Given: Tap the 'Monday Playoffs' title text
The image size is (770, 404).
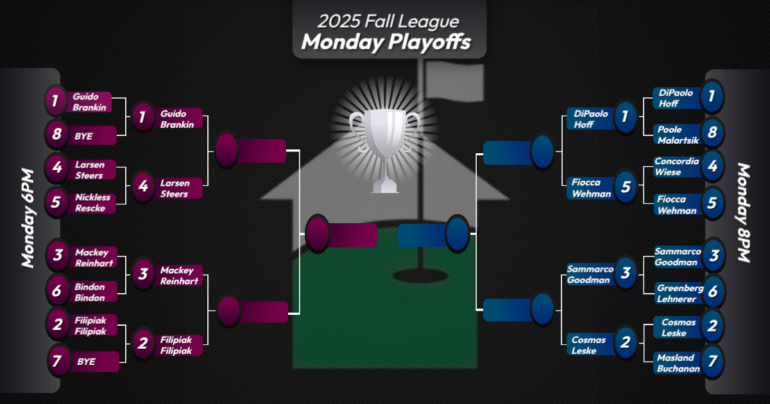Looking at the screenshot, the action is click(386, 42).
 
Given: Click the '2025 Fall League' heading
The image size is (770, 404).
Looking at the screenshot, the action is click(388, 21).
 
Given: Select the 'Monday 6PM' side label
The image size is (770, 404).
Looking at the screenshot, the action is click(28, 218).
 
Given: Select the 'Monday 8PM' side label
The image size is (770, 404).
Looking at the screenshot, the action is click(744, 213).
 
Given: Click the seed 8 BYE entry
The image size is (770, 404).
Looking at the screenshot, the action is click(83, 136).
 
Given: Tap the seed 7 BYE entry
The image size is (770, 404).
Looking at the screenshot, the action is click(86, 362).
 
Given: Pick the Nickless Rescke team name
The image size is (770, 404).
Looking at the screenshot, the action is click(92, 203).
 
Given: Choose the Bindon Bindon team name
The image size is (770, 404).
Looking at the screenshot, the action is click(89, 292).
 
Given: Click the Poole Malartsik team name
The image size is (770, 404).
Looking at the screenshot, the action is click(678, 135).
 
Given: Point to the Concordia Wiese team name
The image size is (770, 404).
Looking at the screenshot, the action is click(676, 167).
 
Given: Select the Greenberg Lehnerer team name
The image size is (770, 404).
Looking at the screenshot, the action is click(680, 294).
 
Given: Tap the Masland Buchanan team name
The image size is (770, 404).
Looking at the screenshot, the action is click(678, 363).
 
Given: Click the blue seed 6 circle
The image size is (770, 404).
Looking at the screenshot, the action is click(713, 292).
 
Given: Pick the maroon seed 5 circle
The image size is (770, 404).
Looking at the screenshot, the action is click(56, 202).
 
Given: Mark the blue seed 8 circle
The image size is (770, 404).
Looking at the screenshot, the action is click(712, 133).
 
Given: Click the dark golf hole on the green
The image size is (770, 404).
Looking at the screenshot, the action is click(420, 276).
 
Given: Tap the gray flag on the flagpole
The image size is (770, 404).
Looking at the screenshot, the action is click(454, 81).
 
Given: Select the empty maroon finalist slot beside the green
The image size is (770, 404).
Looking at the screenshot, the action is click(341, 235).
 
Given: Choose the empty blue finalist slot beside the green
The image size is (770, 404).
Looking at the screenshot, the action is click(434, 235).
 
